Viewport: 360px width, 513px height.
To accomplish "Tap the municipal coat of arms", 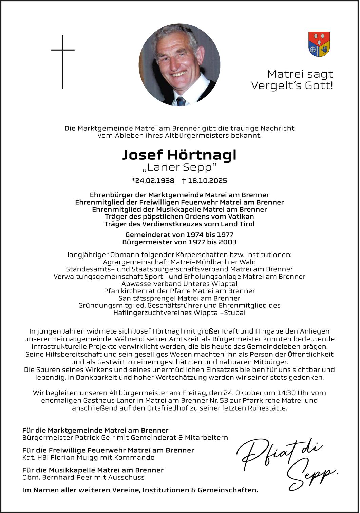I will click(x=319, y=44).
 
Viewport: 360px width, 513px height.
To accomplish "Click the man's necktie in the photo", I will click(x=181, y=101).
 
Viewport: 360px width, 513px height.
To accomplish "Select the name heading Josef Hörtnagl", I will click(x=179, y=155).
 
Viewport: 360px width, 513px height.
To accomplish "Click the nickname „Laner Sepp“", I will click(x=179, y=167).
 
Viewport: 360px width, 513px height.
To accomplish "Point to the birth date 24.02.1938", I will click(x=155, y=180).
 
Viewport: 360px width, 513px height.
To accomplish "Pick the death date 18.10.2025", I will click(x=207, y=180).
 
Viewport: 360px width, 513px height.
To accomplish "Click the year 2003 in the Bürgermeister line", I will click(x=228, y=242).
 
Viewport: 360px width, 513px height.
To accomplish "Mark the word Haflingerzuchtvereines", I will click(x=153, y=312).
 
